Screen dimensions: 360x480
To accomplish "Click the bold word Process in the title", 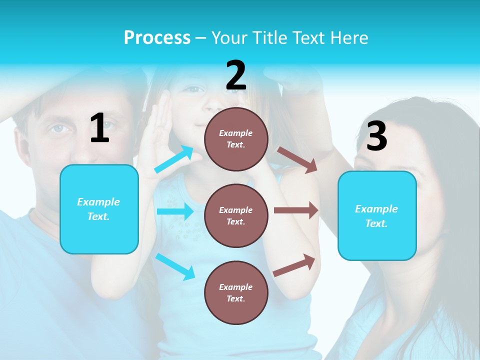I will tap(157, 37).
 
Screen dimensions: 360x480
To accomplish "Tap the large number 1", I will tap(99, 128).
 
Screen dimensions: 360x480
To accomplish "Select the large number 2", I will tap(236, 75).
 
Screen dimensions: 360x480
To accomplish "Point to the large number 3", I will tap(376, 136).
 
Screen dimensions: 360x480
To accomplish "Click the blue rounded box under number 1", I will tap(99, 209).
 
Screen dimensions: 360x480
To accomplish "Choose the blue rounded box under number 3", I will tap(377, 215).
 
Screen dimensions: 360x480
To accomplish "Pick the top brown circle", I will tap(236, 138).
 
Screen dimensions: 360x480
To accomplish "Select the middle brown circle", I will tap(236, 215).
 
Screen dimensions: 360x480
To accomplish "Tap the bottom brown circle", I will tap(236, 292).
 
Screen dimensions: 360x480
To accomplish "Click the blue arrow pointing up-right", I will tap(174, 159).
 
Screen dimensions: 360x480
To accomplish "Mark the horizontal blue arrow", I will tap(175, 211).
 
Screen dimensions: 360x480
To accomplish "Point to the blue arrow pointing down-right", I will tap(175, 266).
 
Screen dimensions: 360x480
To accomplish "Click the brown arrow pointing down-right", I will tap(297, 159).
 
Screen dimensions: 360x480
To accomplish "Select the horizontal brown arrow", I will tap(296, 210).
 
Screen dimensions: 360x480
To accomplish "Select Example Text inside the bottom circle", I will tap(236, 292).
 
